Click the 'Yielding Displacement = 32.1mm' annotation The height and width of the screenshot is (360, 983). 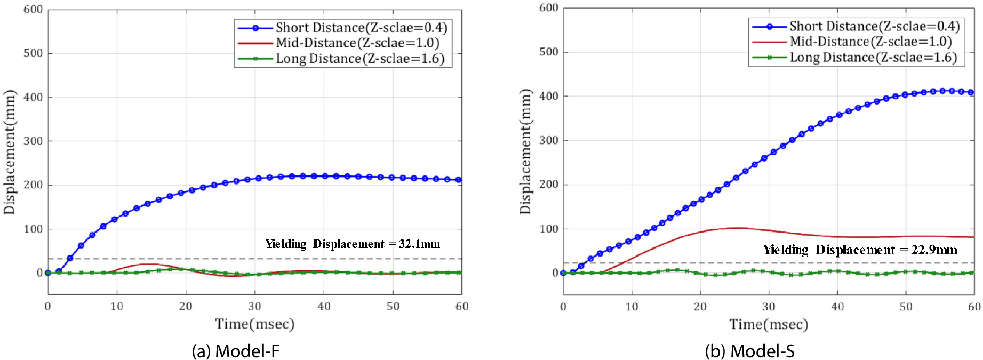[353, 244]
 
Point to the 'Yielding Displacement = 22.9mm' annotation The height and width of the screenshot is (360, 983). [859, 250]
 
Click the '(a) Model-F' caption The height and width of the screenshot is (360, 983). [235, 351]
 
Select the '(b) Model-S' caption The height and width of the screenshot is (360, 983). [749, 351]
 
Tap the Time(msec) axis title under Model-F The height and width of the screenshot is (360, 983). [254, 324]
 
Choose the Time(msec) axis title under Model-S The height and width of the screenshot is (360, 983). [769, 324]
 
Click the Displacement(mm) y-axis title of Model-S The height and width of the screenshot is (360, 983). [525, 151]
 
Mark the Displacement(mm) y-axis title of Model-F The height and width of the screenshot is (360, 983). [10, 153]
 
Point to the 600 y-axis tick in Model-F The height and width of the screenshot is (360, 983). [33, 10]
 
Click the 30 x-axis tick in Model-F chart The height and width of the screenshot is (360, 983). [254, 306]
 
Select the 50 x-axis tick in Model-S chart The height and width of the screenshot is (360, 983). [906, 307]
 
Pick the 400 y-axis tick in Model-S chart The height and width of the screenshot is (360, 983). [549, 97]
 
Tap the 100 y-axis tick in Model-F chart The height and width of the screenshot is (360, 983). [33, 229]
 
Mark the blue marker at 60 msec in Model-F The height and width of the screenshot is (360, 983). [459, 180]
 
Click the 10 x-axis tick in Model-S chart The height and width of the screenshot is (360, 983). [632, 307]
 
